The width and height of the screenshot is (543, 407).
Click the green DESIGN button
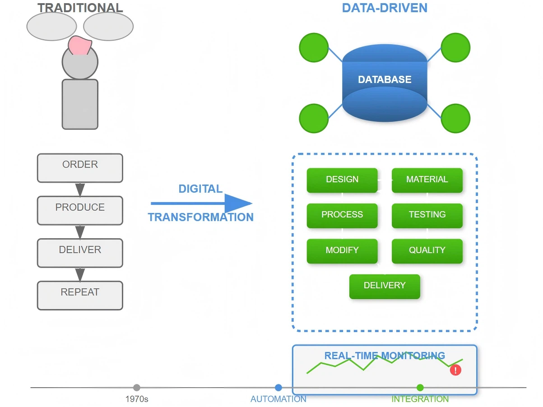342,180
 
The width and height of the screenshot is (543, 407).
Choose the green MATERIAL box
427,180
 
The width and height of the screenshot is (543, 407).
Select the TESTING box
427,215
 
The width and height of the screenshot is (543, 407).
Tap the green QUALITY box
427,251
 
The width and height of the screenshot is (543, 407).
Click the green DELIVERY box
385,286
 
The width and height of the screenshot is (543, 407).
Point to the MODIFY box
342,251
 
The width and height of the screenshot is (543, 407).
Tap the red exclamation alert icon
456,370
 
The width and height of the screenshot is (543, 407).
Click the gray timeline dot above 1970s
137,388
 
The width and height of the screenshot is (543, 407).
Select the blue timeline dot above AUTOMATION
278,388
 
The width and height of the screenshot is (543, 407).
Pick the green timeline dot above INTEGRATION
420,388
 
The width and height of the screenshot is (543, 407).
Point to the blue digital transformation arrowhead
237,203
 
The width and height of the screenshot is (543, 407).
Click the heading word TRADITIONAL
80,8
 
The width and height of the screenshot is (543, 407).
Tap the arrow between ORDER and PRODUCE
80,190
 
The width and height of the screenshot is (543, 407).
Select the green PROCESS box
342,215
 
